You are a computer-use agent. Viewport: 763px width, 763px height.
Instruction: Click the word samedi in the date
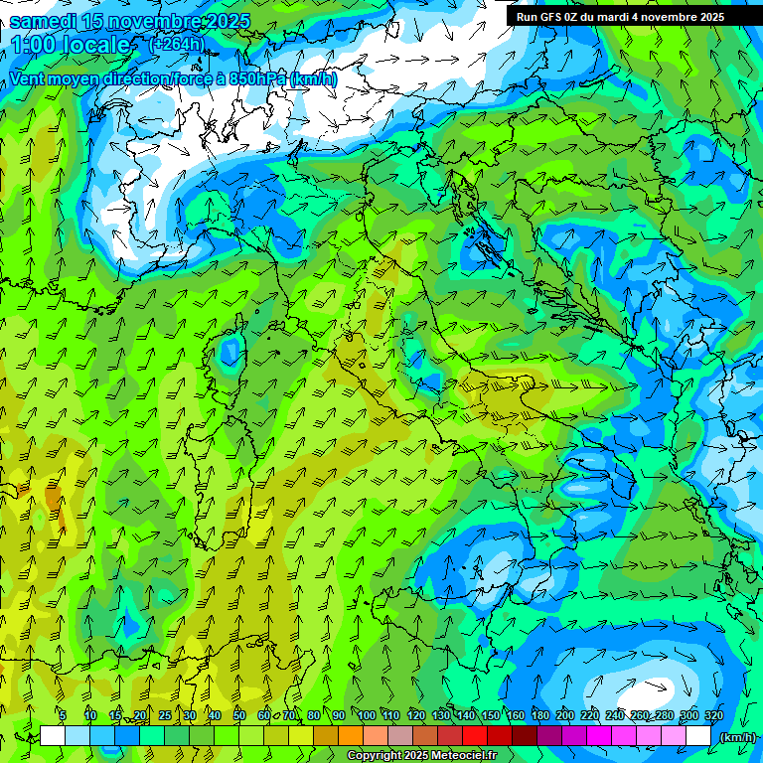tap(44, 21)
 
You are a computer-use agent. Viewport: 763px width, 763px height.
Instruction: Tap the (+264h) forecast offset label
tap(177, 44)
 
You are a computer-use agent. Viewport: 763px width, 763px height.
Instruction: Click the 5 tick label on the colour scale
tap(63, 715)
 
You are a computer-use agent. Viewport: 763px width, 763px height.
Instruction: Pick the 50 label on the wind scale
tap(239, 715)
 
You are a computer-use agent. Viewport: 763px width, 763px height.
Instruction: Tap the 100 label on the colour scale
tap(367, 715)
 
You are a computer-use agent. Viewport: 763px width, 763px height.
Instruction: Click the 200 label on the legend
tap(565, 715)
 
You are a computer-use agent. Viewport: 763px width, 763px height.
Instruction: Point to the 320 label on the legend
tap(714, 715)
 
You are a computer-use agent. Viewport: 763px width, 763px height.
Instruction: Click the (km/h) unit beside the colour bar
tap(738, 737)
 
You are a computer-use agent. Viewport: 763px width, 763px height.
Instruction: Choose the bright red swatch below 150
tap(475, 736)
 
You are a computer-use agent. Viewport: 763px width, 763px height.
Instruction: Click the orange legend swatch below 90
tap(351, 736)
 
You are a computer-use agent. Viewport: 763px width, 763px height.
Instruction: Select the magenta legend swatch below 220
tap(599, 736)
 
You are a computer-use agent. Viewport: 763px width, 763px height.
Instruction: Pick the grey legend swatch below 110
tap(400, 736)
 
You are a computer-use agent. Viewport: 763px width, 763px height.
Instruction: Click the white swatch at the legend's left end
tap(53, 736)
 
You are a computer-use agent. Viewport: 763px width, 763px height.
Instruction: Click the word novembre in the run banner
tap(674, 17)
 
